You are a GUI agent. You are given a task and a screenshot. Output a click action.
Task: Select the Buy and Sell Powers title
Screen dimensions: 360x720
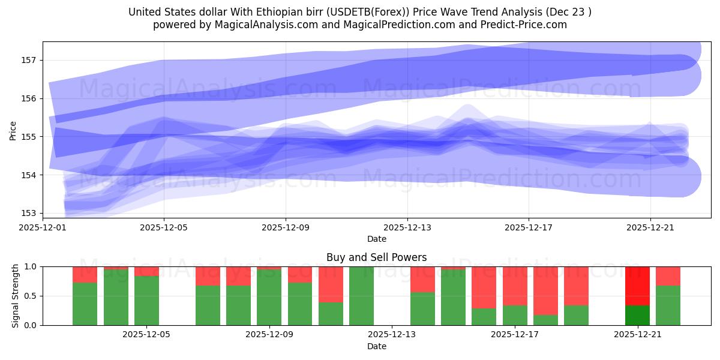[376, 257]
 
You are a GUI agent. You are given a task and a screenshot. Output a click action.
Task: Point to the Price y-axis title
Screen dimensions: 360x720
[13, 130]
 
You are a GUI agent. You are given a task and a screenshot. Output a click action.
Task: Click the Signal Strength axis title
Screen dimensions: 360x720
[16, 296]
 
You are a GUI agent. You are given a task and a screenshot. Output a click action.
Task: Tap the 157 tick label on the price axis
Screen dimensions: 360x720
[29, 60]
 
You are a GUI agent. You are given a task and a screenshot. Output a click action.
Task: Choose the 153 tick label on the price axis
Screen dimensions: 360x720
[29, 213]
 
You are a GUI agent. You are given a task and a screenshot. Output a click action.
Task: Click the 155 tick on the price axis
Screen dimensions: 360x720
[29, 137]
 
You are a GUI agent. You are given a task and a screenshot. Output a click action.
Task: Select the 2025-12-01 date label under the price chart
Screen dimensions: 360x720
[43, 227]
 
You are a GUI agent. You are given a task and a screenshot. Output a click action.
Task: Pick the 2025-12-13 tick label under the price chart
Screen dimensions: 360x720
[407, 227]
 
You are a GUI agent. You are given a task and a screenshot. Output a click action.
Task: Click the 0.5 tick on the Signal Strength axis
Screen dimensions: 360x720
[30, 296]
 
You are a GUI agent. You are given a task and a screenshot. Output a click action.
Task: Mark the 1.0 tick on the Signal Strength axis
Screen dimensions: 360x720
[30, 266]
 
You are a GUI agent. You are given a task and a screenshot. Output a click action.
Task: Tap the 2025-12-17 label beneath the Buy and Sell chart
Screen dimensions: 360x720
[515, 335]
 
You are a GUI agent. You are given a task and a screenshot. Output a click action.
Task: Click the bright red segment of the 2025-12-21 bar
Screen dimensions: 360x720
[637, 286]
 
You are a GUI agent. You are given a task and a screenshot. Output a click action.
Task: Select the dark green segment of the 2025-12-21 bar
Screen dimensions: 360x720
[637, 315]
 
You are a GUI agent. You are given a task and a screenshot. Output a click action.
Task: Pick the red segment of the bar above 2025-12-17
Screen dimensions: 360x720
[515, 286]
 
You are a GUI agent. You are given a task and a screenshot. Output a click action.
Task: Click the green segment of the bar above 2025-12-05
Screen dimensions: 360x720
[146, 301]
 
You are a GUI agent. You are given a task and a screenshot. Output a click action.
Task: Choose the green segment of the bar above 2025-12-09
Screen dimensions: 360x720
[269, 298]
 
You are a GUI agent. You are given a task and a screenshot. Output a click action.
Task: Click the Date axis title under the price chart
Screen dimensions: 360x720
[376, 239]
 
